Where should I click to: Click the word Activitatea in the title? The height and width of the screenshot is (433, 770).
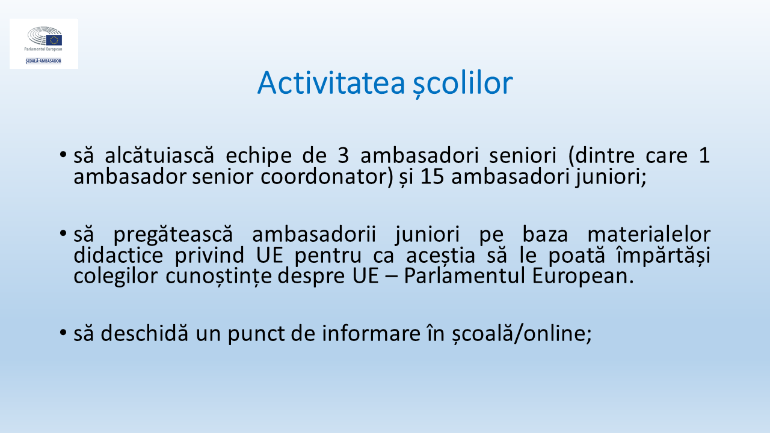(331, 83)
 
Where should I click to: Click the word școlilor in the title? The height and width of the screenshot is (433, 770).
(463, 84)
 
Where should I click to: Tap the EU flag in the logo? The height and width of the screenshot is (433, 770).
(54, 40)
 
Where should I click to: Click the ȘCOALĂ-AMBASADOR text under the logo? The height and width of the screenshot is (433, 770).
(43, 61)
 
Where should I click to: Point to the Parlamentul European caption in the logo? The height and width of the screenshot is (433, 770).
(43, 49)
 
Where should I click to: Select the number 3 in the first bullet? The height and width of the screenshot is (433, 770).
(343, 156)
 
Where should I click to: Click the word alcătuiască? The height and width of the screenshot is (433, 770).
(159, 155)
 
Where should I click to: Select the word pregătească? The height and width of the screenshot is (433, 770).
(173, 235)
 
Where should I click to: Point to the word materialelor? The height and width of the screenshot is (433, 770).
(649, 235)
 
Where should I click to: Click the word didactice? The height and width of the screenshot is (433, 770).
(119, 256)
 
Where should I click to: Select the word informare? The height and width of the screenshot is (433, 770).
(371, 333)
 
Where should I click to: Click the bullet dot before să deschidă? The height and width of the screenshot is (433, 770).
(63, 333)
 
